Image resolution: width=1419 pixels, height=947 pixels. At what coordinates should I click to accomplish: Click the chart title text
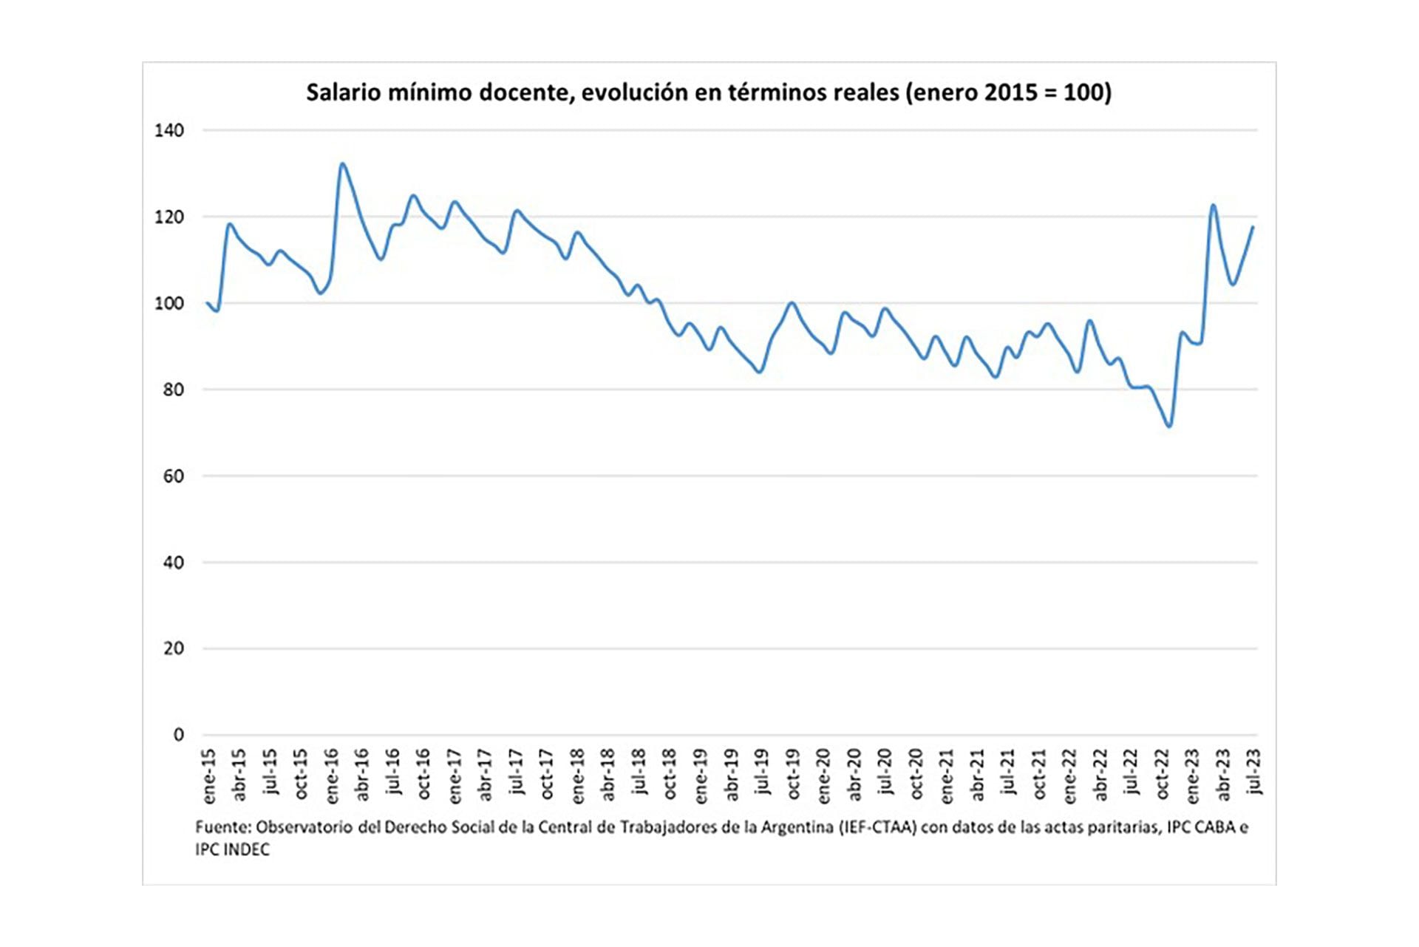(708, 92)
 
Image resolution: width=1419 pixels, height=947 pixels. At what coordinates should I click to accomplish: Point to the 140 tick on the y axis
(169, 131)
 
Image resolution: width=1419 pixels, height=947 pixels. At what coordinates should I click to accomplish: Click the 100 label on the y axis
(169, 304)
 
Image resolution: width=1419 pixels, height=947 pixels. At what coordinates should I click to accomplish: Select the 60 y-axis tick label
(173, 477)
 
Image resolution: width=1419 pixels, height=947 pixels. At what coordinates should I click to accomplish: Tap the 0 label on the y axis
(178, 735)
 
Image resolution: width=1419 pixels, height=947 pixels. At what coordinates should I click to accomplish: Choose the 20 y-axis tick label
(173, 649)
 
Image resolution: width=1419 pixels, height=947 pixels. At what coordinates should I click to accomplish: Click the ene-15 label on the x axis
(208, 776)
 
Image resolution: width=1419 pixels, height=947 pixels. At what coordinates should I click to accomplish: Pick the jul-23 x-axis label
(1254, 771)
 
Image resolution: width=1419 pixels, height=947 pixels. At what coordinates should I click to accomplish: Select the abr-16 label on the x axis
(362, 775)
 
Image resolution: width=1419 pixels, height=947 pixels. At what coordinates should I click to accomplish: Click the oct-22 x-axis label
(1162, 774)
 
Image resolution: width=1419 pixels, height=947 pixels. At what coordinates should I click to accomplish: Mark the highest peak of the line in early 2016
(342, 164)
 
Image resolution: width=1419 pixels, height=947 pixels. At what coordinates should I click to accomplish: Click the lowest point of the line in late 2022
(1169, 426)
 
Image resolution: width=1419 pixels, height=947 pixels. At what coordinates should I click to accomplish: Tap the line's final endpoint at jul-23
(1253, 227)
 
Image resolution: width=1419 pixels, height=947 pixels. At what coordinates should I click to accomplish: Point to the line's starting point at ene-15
(207, 303)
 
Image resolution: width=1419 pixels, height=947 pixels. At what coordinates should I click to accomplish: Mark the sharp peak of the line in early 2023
(1213, 205)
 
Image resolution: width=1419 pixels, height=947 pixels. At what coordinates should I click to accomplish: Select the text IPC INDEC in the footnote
(232, 850)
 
